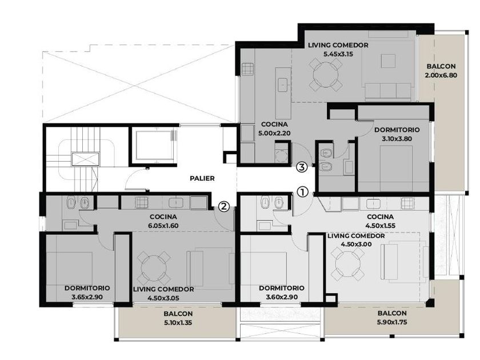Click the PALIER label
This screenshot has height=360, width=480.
pos(202,178)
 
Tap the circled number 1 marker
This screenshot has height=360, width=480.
pos(302,192)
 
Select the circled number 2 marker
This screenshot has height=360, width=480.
pos(224,206)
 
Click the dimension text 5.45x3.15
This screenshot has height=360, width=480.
pos(338,54)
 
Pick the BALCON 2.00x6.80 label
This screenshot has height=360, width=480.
pos(441,70)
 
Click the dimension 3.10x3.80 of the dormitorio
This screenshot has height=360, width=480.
pos(397,139)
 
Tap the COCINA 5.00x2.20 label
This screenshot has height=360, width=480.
pos(274,129)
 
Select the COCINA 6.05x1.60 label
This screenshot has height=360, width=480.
pos(163,221)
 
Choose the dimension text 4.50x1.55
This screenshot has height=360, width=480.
pos(380,226)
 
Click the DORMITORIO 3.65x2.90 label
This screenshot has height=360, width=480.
pos(87,293)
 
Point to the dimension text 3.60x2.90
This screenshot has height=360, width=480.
pos(282,297)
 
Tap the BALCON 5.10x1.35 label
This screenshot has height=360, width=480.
pos(178,318)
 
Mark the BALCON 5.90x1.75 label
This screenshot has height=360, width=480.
pos(392,318)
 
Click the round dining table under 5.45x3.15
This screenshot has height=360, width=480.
pos(325,75)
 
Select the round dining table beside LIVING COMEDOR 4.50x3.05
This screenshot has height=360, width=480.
pos(154,268)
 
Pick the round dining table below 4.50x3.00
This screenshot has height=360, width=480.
pos(348,264)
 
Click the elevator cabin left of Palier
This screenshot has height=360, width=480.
pos(153,145)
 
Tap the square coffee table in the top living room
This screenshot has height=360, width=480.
pos(388,61)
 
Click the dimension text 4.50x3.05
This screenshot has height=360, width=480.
pos(163,298)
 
